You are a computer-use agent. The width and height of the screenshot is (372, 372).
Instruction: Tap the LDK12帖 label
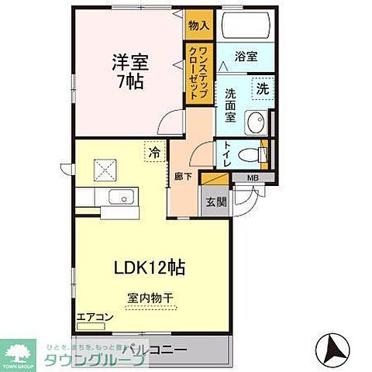click(150, 268)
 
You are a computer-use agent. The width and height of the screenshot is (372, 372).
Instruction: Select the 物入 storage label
click(198, 26)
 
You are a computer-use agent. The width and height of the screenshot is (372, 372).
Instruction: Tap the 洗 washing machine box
click(263, 88)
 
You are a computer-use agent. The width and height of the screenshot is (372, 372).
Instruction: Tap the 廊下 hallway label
click(177, 176)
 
